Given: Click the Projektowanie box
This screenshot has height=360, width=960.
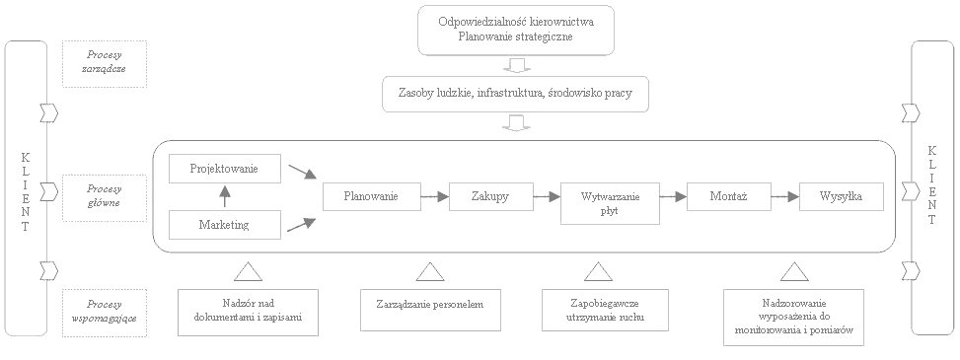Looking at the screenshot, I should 224,169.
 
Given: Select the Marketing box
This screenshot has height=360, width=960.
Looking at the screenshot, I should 224,226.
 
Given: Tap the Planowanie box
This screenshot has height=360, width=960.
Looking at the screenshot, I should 371,197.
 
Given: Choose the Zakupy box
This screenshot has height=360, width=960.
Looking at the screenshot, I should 491,197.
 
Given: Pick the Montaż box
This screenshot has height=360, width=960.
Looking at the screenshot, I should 728,197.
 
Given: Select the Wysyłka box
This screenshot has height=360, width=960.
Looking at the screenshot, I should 841,197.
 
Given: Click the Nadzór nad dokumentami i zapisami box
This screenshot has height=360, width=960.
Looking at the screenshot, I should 249,310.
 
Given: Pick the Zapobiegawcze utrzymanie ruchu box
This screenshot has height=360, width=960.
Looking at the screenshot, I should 599,309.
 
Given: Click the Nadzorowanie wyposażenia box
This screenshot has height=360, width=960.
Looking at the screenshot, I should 793,316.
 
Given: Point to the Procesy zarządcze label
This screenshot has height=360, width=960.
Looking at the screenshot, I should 103,63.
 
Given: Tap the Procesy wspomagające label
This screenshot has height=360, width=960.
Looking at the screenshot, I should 103,312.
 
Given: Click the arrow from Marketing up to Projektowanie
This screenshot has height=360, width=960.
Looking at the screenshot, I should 224,197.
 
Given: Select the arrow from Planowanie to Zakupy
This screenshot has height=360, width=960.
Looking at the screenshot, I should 433,197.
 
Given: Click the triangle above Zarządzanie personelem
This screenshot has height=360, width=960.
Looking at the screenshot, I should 427,271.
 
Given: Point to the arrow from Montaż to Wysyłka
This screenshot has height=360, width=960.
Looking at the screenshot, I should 783,197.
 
